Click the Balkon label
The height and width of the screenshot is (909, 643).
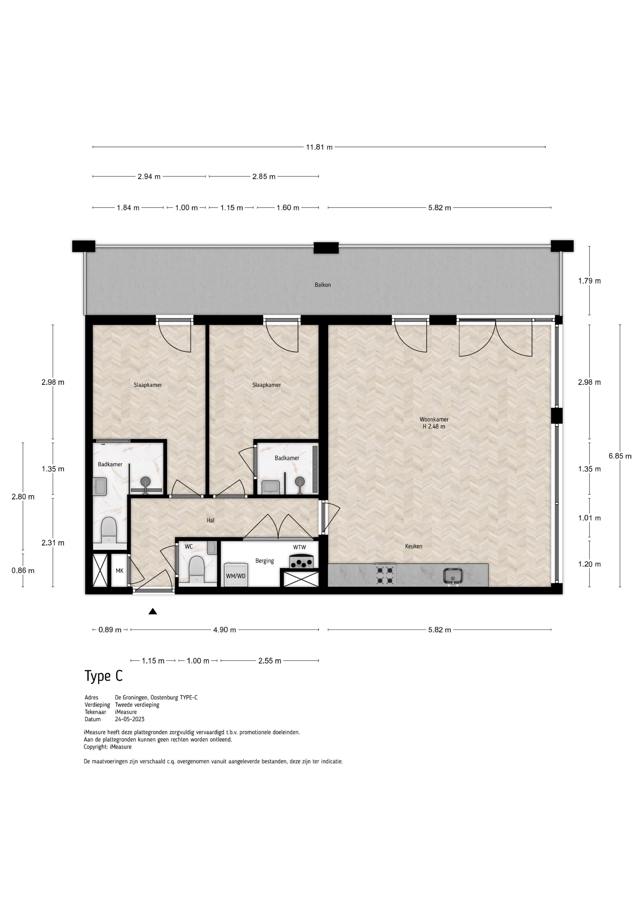click(x=323, y=285)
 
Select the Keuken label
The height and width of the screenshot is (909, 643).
click(x=413, y=546)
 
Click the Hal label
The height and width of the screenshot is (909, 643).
click(x=210, y=520)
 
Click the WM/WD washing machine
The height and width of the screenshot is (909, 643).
click(x=236, y=574)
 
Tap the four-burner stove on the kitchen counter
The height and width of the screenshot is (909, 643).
click(x=386, y=575)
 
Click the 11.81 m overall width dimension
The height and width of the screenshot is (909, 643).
click(x=319, y=147)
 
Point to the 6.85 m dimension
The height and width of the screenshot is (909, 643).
click(x=620, y=456)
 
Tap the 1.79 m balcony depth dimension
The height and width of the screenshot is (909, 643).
click(x=590, y=281)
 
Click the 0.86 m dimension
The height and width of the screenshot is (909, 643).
click(x=23, y=571)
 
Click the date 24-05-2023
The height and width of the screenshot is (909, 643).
click(x=130, y=719)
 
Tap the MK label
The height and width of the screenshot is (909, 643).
click(x=120, y=571)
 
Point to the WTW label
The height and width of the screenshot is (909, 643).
click(x=299, y=548)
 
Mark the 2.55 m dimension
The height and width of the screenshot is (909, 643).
click(x=270, y=661)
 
